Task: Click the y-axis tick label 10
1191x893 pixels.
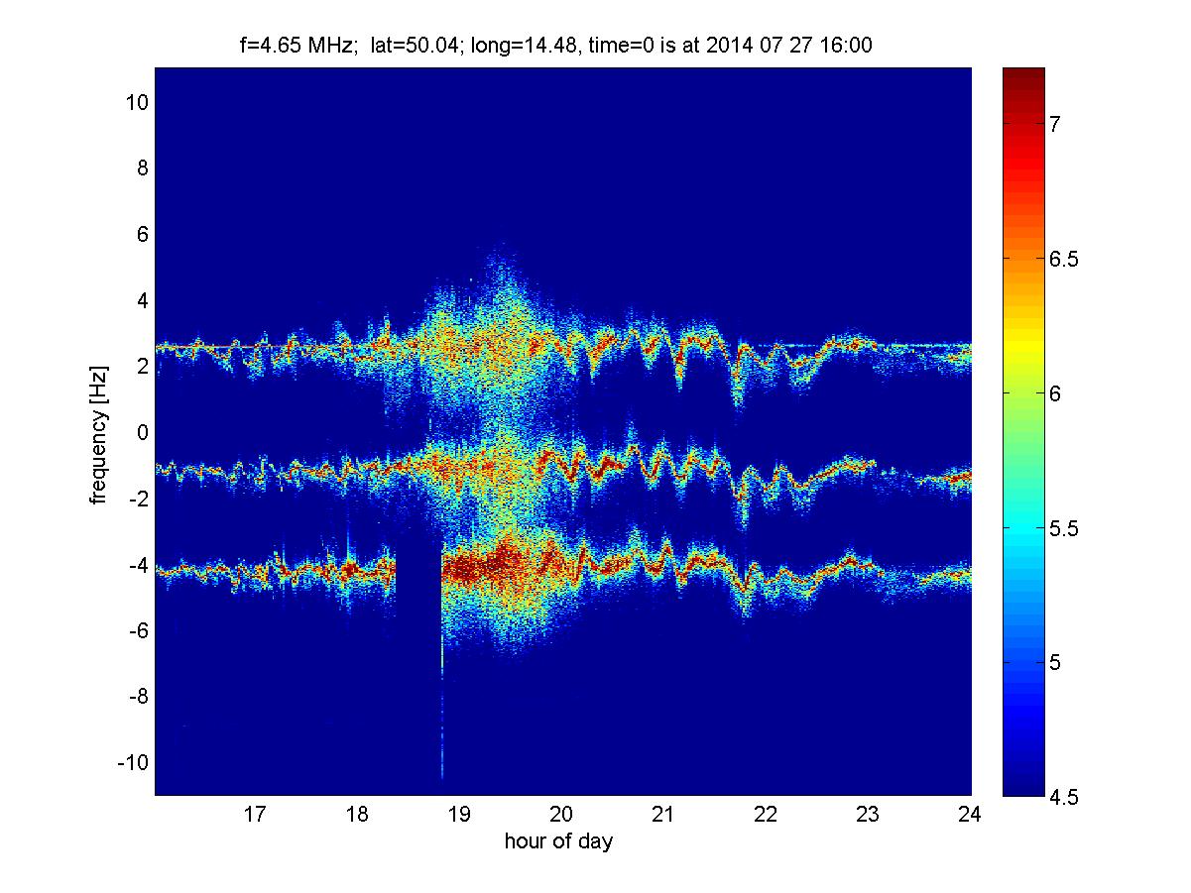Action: click(x=137, y=102)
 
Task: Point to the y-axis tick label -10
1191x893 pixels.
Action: click(x=133, y=762)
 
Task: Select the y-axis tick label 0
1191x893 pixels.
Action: click(x=142, y=432)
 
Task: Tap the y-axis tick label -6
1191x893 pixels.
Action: click(x=139, y=630)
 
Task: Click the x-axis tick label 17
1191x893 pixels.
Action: click(x=255, y=814)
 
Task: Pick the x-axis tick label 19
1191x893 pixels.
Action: click(x=459, y=814)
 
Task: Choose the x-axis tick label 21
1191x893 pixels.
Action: click(x=663, y=814)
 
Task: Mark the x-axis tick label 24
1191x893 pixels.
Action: click(x=970, y=814)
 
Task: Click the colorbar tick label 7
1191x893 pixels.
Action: click(x=1054, y=124)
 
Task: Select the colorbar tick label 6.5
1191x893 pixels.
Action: click(x=1063, y=259)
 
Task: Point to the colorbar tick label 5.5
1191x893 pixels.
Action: click(x=1063, y=528)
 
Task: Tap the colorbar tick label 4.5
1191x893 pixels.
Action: click(x=1063, y=798)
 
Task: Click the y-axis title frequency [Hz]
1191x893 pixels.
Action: click(x=99, y=435)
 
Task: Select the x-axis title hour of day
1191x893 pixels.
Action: click(x=558, y=840)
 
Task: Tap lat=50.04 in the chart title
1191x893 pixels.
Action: click(x=415, y=45)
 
